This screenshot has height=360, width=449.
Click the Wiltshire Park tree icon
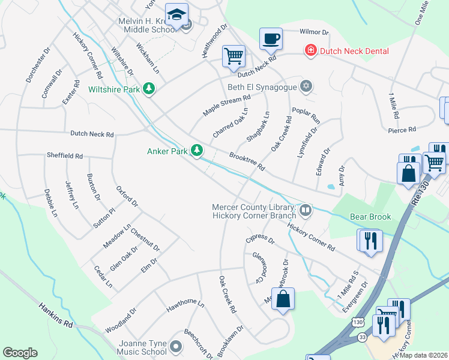pos(149,89)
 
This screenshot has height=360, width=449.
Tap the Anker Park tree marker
pos(196,151)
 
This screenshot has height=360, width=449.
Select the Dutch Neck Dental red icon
pos(310,51)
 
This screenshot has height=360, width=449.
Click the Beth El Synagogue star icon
pos(307,87)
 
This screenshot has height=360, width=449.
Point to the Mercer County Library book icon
pos(306,210)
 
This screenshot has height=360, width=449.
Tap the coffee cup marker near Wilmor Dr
pos(271,39)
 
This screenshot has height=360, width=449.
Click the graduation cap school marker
pos(176,14)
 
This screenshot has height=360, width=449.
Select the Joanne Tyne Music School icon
pos(175,346)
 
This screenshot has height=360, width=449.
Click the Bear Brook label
pos(370,217)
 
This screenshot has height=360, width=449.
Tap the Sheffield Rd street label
pos(65,155)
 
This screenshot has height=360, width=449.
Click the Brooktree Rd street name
pos(247,161)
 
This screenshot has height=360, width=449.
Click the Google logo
pos(20,353)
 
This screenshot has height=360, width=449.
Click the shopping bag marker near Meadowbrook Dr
pos(283,299)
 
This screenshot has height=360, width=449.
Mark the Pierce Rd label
pos(402,129)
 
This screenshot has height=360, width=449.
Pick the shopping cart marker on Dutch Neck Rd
pos(234,56)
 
